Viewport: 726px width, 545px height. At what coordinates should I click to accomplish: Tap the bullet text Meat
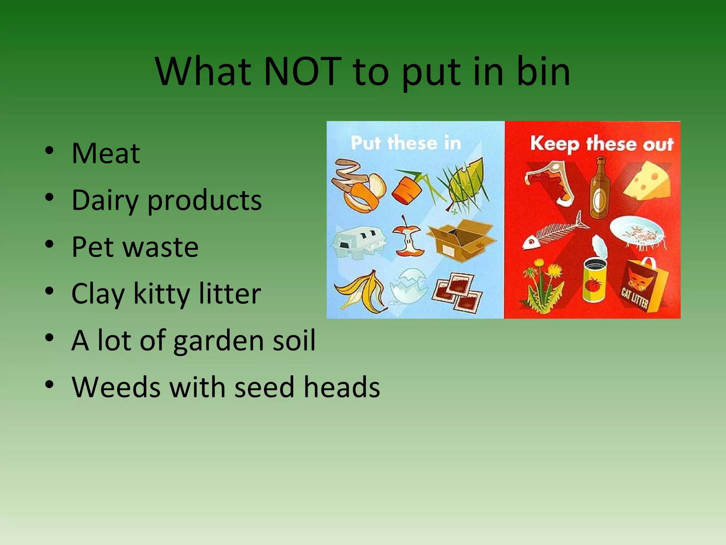pyautogui.click(x=106, y=153)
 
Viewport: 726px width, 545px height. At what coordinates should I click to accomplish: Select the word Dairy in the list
pyautogui.click(x=105, y=200)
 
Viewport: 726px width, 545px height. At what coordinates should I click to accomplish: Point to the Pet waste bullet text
pyautogui.click(x=135, y=247)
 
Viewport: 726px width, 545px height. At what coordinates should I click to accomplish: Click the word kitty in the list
pyautogui.click(x=161, y=294)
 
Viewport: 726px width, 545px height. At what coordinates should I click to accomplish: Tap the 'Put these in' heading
pyautogui.click(x=406, y=143)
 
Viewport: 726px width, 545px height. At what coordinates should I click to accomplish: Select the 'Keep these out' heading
pyautogui.click(x=602, y=144)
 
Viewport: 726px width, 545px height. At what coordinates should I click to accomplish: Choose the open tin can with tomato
pyautogui.click(x=594, y=277)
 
